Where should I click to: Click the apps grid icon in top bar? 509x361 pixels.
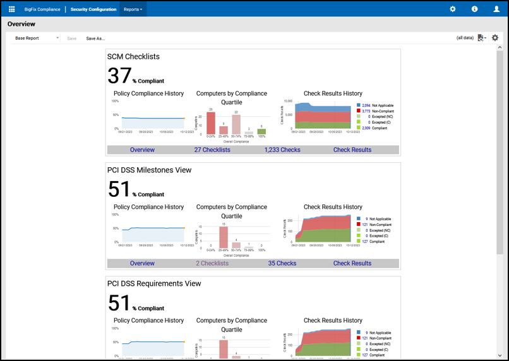point(11,9)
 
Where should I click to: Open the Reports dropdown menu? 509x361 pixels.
point(133,9)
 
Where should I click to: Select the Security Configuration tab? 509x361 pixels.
point(93,9)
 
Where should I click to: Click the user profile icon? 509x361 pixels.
point(496,9)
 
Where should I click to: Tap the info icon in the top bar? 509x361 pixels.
point(474,9)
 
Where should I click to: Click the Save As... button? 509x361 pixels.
point(95,38)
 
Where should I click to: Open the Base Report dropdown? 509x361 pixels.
point(36,38)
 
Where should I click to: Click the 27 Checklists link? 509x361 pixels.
point(212,150)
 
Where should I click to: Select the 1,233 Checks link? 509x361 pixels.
point(282,150)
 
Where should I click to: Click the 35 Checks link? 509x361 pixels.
point(282,264)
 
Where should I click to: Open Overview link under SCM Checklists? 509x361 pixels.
point(142,150)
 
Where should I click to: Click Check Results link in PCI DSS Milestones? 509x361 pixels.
point(352,264)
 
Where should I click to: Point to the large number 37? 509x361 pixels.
point(119,76)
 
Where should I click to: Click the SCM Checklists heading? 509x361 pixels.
point(133,57)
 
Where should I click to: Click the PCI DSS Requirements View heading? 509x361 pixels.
point(153,284)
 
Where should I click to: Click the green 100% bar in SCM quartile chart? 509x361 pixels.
point(261,132)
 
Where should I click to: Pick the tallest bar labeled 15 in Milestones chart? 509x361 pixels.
point(224,238)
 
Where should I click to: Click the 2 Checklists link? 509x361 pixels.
point(212,264)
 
